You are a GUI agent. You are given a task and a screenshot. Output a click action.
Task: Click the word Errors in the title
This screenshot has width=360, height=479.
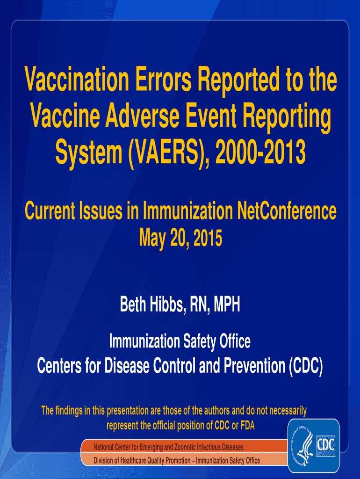[x=163, y=80]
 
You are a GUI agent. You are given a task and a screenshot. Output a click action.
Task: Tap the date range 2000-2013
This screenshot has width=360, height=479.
[x=260, y=152]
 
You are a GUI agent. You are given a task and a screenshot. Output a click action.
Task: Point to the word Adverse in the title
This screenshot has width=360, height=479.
[x=142, y=116]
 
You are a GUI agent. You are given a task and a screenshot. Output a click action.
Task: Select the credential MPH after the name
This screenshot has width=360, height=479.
[x=227, y=304]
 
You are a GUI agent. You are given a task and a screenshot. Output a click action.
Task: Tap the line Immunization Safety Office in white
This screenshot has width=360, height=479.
[x=180, y=341]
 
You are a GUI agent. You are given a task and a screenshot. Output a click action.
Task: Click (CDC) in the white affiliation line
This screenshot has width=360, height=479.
[x=306, y=365]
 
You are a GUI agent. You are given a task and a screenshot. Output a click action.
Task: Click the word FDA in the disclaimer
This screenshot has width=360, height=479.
[x=248, y=425]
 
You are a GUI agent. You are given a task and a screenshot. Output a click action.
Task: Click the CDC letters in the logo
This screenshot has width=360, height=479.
[x=326, y=444]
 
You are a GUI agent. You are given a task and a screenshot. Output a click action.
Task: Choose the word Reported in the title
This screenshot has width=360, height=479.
[x=238, y=80]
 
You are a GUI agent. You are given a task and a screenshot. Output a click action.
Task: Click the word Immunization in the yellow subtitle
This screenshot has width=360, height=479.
[x=188, y=211]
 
